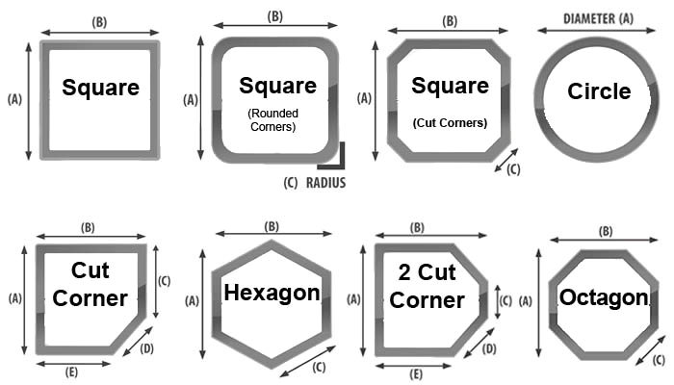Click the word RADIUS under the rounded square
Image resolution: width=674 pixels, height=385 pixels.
(x=325, y=183)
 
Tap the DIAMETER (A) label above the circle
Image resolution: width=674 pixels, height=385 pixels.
(x=598, y=18)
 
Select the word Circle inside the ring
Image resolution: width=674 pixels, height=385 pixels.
(x=599, y=91)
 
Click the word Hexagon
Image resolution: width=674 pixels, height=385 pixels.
(x=272, y=294)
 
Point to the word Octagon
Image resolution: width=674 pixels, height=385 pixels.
(x=604, y=297)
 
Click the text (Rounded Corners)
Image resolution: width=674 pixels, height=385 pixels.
(x=272, y=120)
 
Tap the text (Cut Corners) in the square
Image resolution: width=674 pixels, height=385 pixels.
(x=450, y=123)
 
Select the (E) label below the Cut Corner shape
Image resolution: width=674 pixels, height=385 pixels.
(x=71, y=372)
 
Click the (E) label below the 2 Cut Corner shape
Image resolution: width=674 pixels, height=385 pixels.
(x=416, y=374)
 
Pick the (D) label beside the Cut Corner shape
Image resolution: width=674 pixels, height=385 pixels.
(x=146, y=348)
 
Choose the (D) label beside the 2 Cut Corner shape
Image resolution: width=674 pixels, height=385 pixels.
(x=489, y=348)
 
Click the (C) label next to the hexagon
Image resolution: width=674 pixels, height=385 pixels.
(x=319, y=368)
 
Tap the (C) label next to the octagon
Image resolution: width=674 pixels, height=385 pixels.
(x=659, y=360)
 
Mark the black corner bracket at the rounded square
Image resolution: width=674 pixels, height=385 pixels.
(x=342, y=166)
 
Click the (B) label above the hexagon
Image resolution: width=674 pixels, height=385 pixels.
(x=272, y=226)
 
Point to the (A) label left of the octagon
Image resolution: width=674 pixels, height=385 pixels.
(x=526, y=301)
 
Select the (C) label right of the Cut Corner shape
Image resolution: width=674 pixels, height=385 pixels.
(x=165, y=281)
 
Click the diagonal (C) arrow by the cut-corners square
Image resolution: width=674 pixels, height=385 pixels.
(x=506, y=161)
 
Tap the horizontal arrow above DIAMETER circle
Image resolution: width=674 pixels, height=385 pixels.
(x=597, y=30)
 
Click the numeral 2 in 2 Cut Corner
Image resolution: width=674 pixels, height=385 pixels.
(x=404, y=272)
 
